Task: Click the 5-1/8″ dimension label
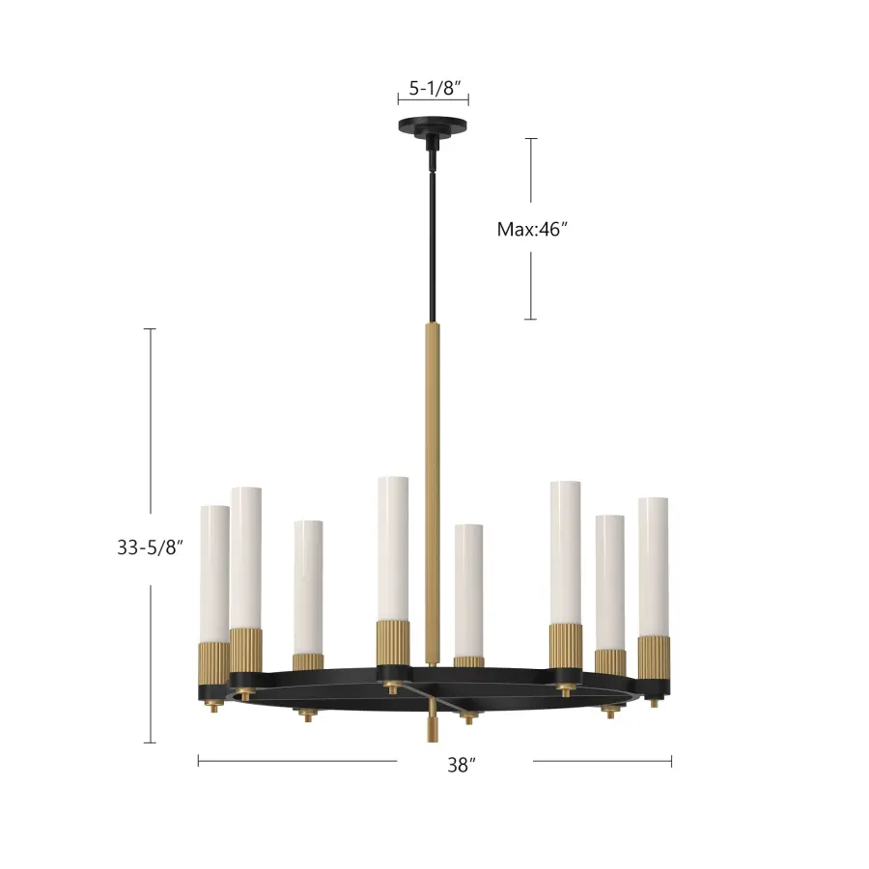tap(434, 88)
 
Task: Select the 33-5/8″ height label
tap(150, 547)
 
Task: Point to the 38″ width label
tap(463, 765)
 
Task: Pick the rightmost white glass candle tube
tap(654, 565)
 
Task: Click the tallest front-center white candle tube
tap(393, 546)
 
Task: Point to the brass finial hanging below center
tap(432, 726)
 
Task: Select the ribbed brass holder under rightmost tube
tap(654, 657)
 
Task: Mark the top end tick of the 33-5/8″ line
tap(150, 329)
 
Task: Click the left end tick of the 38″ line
tap(198, 761)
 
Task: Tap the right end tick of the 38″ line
tap(671, 761)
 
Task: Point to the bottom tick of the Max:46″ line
tap(530, 319)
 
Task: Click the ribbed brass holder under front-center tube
tap(393, 642)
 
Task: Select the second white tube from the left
tap(245, 557)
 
